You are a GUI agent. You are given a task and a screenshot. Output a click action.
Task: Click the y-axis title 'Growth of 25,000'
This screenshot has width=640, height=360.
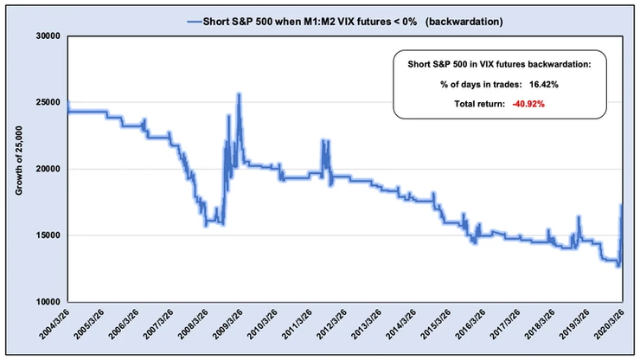(x=19, y=169)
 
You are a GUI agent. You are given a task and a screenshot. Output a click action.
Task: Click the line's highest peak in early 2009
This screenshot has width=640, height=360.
(x=238, y=94)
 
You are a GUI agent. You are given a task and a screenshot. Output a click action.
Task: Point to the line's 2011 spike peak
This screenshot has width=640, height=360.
(x=323, y=140)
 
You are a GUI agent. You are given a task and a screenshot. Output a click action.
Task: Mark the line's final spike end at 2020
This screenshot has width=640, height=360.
(x=621, y=204)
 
